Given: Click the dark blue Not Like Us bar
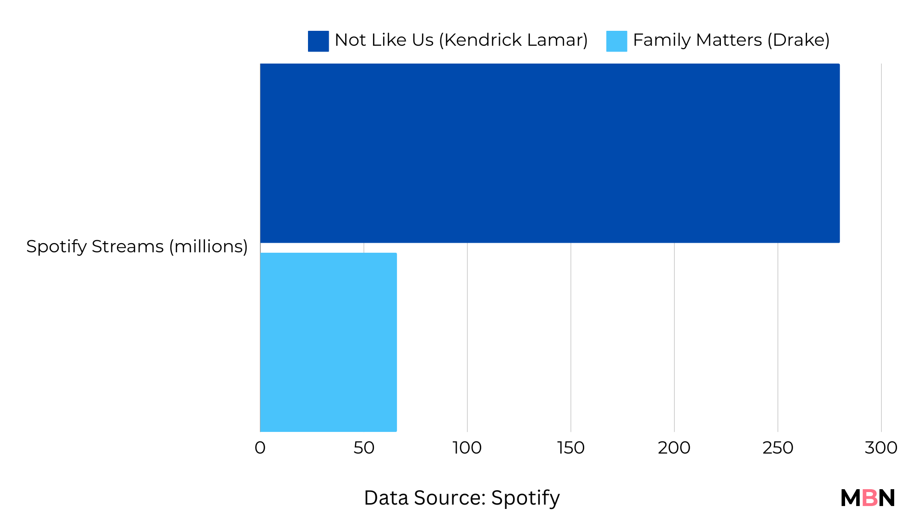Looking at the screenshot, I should pyautogui.click(x=550, y=153).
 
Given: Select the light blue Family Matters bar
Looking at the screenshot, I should pyautogui.click(x=328, y=342).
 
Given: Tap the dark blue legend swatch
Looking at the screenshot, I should pyautogui.click(x=318, y=41).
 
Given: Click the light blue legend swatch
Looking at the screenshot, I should pyautogui.click(x=616, y=41).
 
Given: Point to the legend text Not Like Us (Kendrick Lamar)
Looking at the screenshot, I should pyautogui.click(x=461, y=40).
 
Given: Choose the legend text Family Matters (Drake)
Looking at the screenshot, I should pyautogui.click(x=731, y=40).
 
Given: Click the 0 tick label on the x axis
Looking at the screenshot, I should pyautogui.click(x=260, y=448).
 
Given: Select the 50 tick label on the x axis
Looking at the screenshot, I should pyautogui.click(x=364, y=448).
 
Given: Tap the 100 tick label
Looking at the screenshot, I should pyautogui.click(x=467, y=448).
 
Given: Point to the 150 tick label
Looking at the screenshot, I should pyautogui.click(x=571, y=448).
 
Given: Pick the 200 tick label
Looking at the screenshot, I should pyautogui.click(x=674, y=448).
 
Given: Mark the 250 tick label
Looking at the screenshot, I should pyautogui.click(x=778, y=448).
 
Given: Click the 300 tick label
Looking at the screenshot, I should pyautogui.click(x=881, y=448).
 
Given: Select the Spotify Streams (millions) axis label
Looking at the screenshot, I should pyautogui.click(x=137, y=247).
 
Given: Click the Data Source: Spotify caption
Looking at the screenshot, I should pyautogui.click(x=462, y=498).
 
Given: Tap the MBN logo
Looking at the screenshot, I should pyautogui.click(x=868, y=498).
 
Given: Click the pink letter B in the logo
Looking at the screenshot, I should pyautogui.click(x=870, y=498).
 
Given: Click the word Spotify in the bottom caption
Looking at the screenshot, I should pyautogui.click(x=526, y=498).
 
